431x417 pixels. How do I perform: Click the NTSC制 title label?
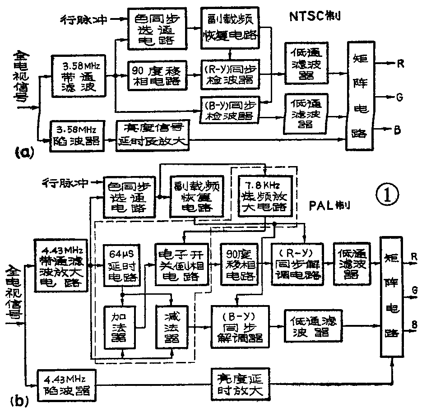point(315,17)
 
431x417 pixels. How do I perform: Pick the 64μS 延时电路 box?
point(121,265)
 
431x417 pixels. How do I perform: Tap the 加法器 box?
point(120,328)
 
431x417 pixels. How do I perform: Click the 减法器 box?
point(171,328)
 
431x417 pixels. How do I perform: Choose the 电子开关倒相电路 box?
point(182,265)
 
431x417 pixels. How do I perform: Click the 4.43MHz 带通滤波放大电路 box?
point(61,265)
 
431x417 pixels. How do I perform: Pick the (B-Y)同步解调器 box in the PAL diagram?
point(240,326)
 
